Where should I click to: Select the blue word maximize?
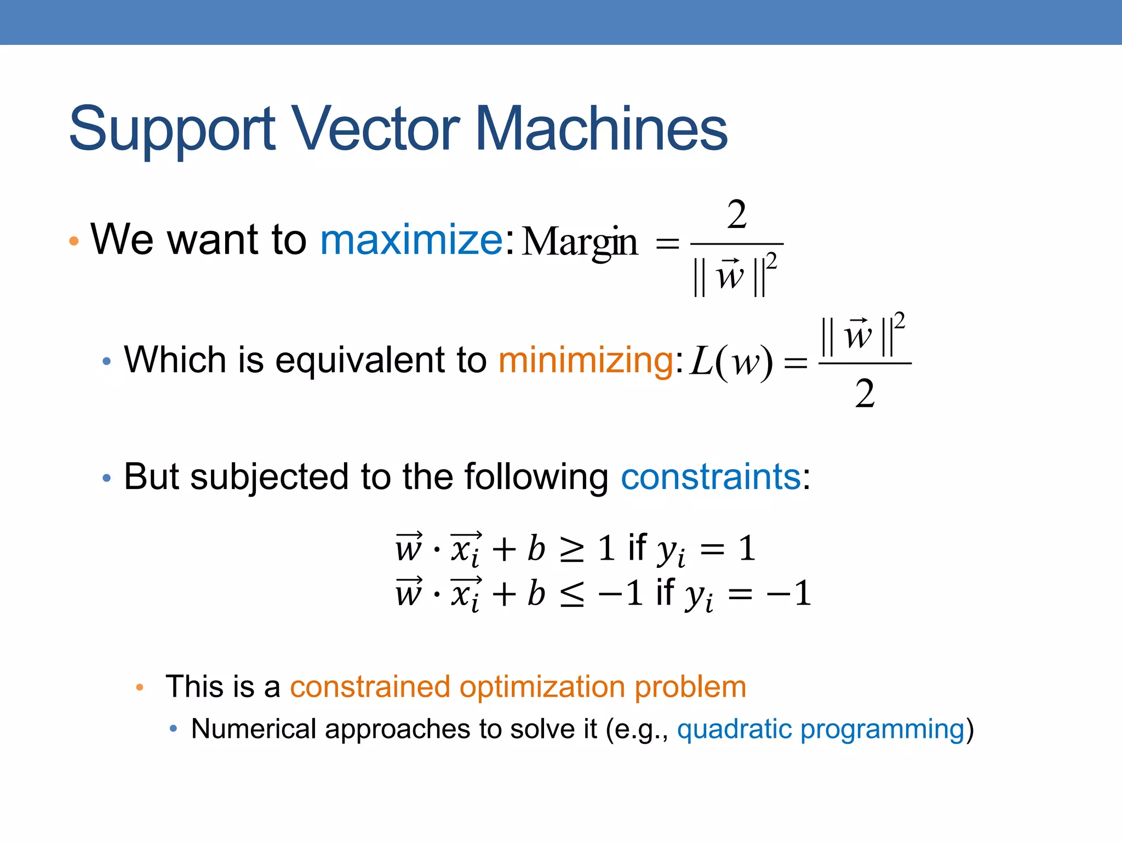coord(411,240)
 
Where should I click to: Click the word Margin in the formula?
coord(580,242)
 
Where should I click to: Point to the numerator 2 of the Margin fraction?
coord(737,215)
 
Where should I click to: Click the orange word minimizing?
coord(586,360)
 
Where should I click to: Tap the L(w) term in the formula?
coord(731,362)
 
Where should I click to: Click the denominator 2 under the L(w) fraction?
coord(865,394)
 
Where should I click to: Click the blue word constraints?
coord(711,476)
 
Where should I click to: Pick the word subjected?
coord(269,476)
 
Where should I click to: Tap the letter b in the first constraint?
coord(536,548)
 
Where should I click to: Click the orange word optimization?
coord(542,686)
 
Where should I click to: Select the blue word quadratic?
coord(734,729)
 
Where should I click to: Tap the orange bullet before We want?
coord(74,241)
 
